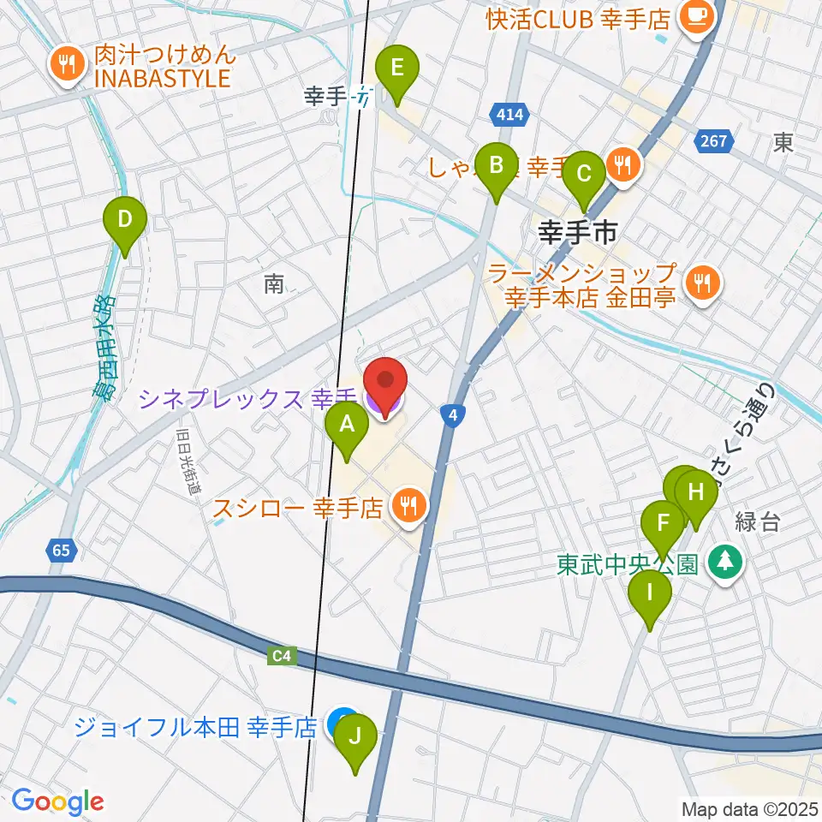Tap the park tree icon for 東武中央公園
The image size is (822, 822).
point(726,562)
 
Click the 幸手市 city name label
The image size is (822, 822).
point(578,233)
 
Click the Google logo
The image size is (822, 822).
point(58,801)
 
